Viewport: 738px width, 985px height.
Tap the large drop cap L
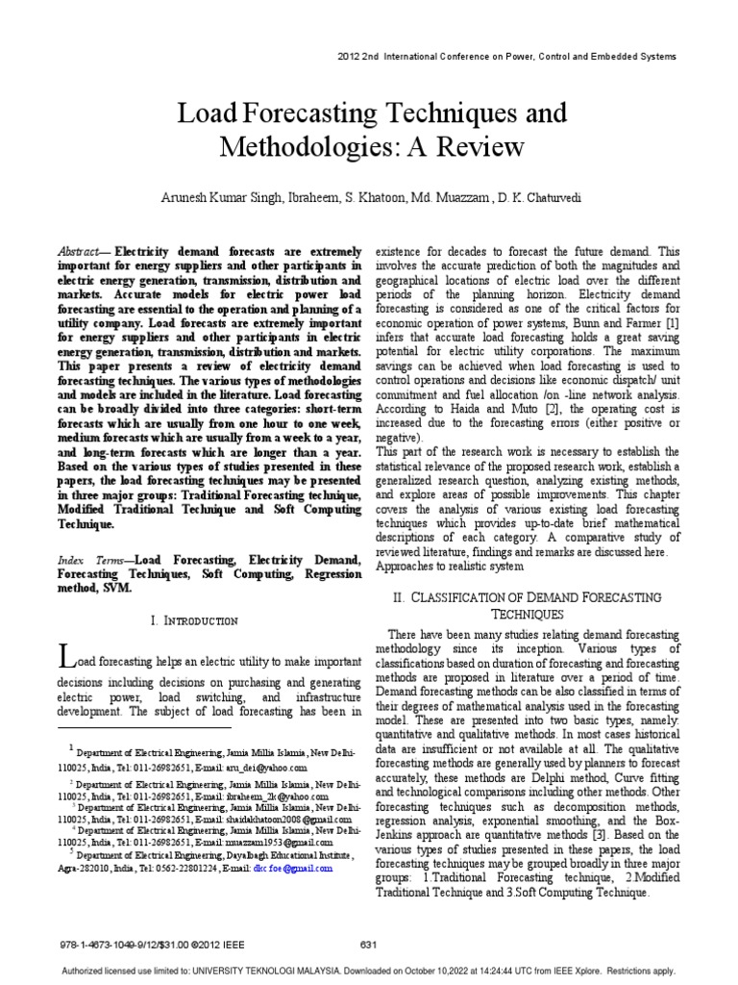65,658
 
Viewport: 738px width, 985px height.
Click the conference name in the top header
513,57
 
